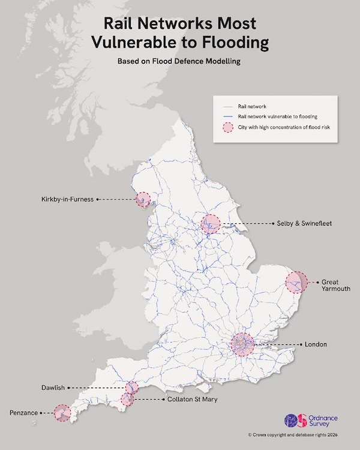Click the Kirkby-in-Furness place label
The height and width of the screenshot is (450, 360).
coord(68,200)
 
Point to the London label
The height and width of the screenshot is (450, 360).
coord(316,344)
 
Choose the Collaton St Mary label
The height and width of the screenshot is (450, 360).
coord(192,399)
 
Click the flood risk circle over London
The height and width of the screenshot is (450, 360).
coord(242,344)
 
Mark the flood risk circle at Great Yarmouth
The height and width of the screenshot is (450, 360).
coord(296,282)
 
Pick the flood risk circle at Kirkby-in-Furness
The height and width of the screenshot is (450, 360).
coord(143,200)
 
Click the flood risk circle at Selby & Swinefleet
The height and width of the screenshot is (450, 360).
coord(211,224)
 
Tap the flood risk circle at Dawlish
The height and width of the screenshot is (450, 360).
coord(132,388)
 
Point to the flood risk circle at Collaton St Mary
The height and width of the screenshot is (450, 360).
coord(127,400)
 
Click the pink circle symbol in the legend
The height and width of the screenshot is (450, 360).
coord(227,127)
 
